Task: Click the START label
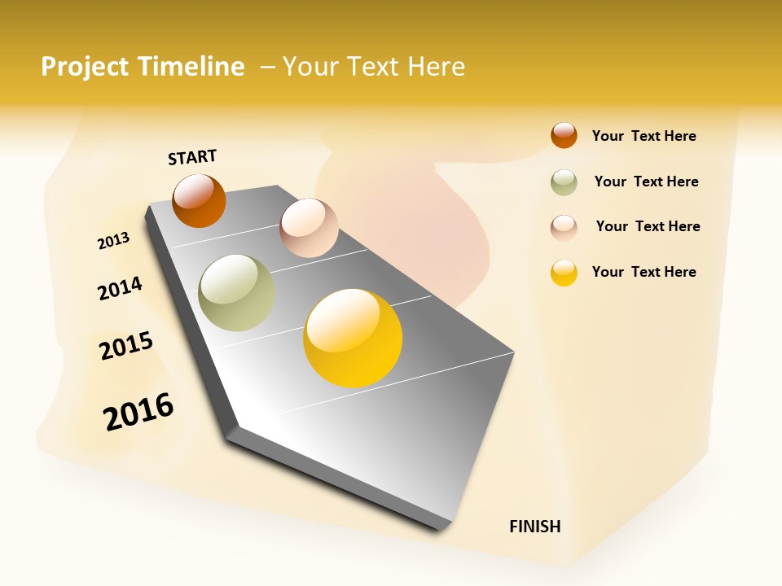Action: tap(192, 157)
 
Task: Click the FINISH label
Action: tap(534, 527)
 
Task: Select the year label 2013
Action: tap(113, 241)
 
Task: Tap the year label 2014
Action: tap(120, 289)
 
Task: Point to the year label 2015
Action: tap(126, 346)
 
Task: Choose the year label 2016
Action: tap(138, 411)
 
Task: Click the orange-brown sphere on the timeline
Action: tap(199, 201)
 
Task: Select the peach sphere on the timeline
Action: tap(309, 228)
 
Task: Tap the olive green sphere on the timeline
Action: tap(236, 293)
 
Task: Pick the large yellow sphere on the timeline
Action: tap(353, 338)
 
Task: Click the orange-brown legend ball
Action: tap(564, 136)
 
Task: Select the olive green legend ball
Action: tap(564, 182)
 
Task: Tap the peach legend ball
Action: tap(564, 227)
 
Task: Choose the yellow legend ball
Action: tap(564, 273)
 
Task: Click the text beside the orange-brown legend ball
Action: tap(644, 136)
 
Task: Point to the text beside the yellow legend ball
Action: tap(644, 272)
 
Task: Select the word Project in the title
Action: tap(85, 67)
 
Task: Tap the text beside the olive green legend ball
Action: tap(646, 181)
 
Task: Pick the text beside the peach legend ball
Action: tap(648, 226)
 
